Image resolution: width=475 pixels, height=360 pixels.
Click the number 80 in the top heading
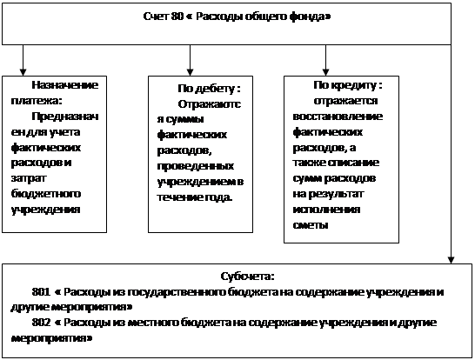click(x=177, y=16)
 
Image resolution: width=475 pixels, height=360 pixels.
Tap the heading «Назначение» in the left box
click(x=65, y=84)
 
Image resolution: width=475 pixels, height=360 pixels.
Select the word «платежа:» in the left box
click(x=37, y=101)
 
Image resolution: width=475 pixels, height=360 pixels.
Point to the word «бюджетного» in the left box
click(x=46, y=194)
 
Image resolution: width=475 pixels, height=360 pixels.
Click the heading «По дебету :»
click(x=209, y=89)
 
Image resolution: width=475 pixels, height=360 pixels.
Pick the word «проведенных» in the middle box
click(x=196, y=166)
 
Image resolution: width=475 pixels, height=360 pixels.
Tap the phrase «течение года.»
click(x=195, y=197)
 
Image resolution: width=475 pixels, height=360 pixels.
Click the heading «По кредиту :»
click(x=348, y=85)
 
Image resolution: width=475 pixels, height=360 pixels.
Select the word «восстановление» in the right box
click(x=338, y=117)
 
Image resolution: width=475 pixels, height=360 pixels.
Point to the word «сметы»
click(x=311, y=225)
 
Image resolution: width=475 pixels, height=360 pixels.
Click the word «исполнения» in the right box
click(x=326, y=210)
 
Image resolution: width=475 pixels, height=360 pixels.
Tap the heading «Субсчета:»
click(x=248, y=277)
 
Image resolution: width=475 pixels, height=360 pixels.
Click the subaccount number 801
click(x=41, y=291)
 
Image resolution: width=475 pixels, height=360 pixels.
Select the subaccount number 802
click(x=41, y=322)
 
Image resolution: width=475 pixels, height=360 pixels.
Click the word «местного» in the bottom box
click(x=153, y=323)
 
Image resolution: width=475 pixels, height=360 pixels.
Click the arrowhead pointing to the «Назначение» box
click(x=23, y=72)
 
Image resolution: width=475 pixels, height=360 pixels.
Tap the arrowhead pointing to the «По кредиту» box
click(x=325, y=72)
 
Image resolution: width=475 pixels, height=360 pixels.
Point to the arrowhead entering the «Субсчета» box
click(x=451, y=260)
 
